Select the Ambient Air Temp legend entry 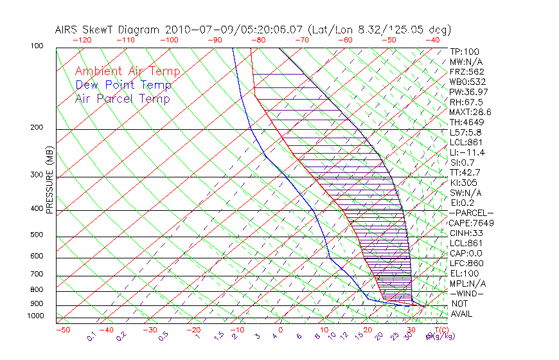point(127,71)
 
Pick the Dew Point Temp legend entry point(123,85)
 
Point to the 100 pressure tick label point(37,46)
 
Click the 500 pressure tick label point(37,235)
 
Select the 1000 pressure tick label point(35,316)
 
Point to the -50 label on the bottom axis point(62,330)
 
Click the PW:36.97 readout point(466,92)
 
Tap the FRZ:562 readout point(466,71)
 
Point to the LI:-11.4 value point(467,152)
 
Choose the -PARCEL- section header point(471,213)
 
